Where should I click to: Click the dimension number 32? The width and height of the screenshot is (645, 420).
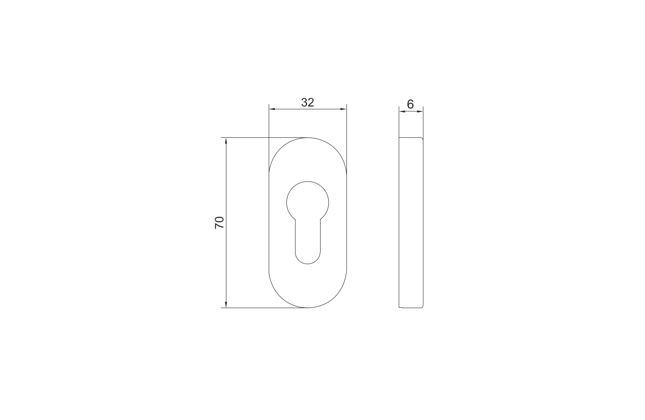(x=307, y=102)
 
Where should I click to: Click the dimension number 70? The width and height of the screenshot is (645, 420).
(x=219, y=223)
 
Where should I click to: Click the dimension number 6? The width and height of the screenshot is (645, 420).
(x=410, y=104)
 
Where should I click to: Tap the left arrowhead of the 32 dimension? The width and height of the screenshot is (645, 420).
(x=272, y=109)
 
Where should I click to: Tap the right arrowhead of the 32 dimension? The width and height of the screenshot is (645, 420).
(x=343, y=109)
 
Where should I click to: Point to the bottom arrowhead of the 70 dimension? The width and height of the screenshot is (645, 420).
(x=226, y=305)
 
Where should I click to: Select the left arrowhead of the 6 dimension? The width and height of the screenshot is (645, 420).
(x=402, y=111)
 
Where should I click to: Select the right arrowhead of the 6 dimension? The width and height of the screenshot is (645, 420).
(x=420, y=111)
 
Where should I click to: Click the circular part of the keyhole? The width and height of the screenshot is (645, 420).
(x=308, y=181)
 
